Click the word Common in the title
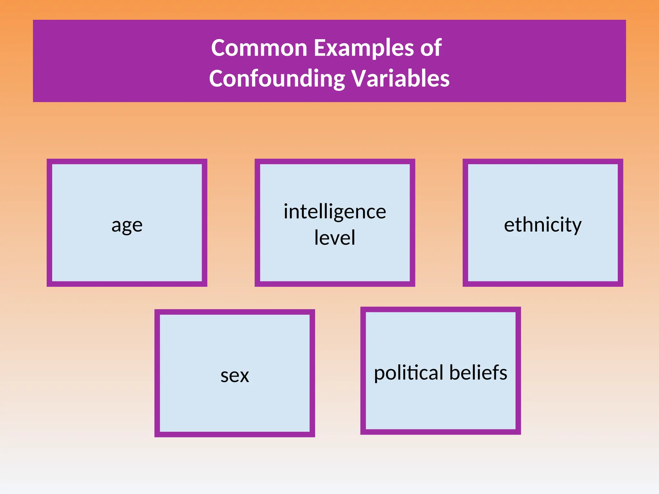259,48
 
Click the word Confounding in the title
277,79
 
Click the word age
127,225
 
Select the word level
335,238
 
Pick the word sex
235,375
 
